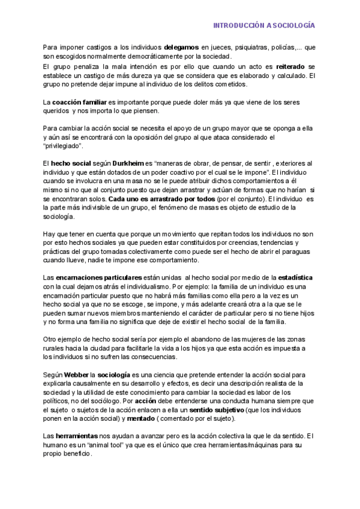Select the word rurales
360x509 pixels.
click(x=55, y=348)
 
